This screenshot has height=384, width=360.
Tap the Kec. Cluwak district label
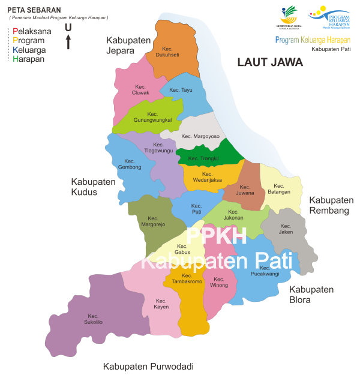tap(140, 89)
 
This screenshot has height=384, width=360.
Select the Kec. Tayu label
tap(181, 90)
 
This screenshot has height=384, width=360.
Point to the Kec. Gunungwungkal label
tap(152, 116)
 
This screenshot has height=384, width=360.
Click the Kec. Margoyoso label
tap(200, 137)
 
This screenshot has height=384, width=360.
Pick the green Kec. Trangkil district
tap(204, 158)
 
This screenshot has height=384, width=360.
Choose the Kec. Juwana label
tap(245, 190)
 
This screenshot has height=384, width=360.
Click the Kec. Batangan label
tap(278, 188)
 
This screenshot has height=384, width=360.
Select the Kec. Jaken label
tap(286, 229)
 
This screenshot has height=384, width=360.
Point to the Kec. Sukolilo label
tap(93, 319)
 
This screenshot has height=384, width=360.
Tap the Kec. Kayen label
tap(161, 304)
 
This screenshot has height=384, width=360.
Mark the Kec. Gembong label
tap(130, 164)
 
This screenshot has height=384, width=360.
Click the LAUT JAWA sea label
tap(270, 62)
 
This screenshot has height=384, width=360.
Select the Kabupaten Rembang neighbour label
tap(331, 205)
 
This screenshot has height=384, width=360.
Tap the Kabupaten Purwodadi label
tap(148, 366)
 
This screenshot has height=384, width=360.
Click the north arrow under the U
tap(68, 42)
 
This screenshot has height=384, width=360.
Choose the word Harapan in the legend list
tap(29, 59)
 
